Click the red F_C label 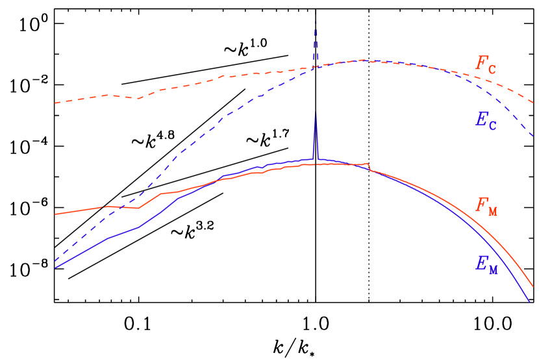tap(486, 64)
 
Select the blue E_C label tap(486, 120)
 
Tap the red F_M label tap(486, 206)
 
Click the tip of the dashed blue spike tap(316, 23)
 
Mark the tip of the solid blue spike tap(316, 114)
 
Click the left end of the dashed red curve tap(55, 103)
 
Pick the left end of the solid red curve tap(55, 214)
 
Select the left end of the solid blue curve tap(55, 267)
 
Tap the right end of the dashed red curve tap(533, 103)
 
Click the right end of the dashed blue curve tap(533, 137)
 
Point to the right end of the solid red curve tap(533, 287)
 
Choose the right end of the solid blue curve tap(529, 301)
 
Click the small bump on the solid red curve tap(368, 164)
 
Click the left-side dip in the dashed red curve tap(138, 99)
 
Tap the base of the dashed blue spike tap(316, 66)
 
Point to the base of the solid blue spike tap(316, 159)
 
